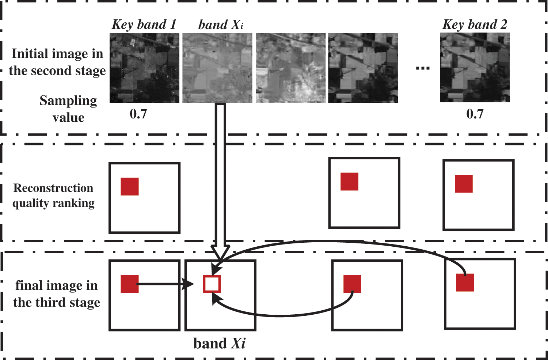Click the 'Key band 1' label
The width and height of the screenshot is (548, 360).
pyautogui.click(x=144, y=24)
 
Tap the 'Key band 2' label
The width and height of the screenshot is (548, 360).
pyautogui.click(x=475, y=24)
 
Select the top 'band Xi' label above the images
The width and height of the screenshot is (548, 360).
pyautogui.click(x=221, y=25)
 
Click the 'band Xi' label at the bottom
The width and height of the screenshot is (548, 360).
pyautogui.click(x=219, y=344)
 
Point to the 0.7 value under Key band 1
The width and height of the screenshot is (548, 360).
pyautogui.click(x=138, y=114)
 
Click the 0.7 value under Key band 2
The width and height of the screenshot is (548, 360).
pyautogui.click(x=475, y=114)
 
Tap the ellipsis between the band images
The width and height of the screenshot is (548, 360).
pyautogui.click(x=423, y=68)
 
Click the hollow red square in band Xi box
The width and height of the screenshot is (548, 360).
pyautogui.click(x=212, y=284)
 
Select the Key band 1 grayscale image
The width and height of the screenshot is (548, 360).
pyautogui.click(x=145, y=68)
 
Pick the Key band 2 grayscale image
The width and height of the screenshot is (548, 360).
pyautogui.click(x=475, y=68)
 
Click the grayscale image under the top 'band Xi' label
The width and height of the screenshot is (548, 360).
pyautogui.click(x=217, y=68)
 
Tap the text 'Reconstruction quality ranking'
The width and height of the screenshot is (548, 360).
pyautogui.click(x=54, y=196)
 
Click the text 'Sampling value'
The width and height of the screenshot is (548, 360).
pyautogui.click(x=68, y=109)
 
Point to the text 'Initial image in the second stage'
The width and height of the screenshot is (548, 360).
pyautogui.click(x=57, y=62)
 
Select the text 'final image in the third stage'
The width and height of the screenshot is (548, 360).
pyautogui.click(x=57, y=294)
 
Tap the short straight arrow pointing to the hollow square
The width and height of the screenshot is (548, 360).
pyautogui.click(x=164, y=284)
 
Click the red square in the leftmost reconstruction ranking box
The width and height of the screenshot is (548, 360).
pyautogui.click(x=130, y=186)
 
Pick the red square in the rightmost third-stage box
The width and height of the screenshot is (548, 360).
pyautogui.click(x=465, y=283)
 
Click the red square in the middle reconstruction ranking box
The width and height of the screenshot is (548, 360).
pyautogui.click(x=349, y=182)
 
